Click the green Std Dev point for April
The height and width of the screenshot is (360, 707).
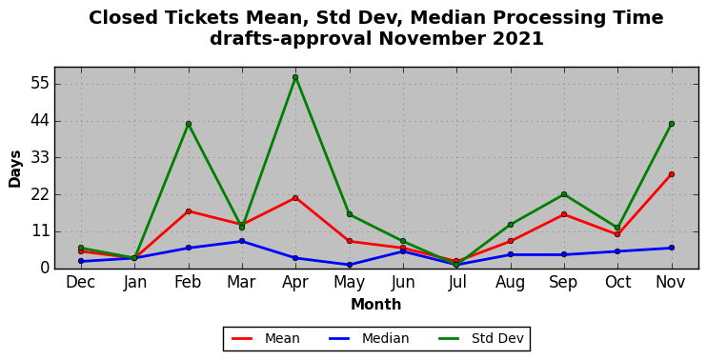point(295,77)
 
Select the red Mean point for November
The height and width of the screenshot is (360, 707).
point(672,174)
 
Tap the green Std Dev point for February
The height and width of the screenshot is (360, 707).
point(189,124)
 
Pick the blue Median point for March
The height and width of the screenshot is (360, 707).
point(242,241)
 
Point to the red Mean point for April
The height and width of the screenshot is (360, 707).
point(295,198)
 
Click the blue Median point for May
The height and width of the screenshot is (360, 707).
point(350,265)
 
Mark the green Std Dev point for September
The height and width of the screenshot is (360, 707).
point(564,194)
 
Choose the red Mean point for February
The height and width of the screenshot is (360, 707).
point(189,211)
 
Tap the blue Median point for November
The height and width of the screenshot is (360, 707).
point(672,248)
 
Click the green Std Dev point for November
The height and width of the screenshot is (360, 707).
point(672,124)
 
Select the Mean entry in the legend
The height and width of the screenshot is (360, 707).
point(266,338)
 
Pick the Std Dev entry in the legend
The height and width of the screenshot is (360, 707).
point(480,338)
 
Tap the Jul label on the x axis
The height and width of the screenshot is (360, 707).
point(456,283)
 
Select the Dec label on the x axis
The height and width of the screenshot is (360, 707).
point(81,283)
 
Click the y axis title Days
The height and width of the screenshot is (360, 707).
point(15,169)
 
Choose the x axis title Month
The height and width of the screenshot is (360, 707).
point(376,305)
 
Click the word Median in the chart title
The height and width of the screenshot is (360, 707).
point(447,18)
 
